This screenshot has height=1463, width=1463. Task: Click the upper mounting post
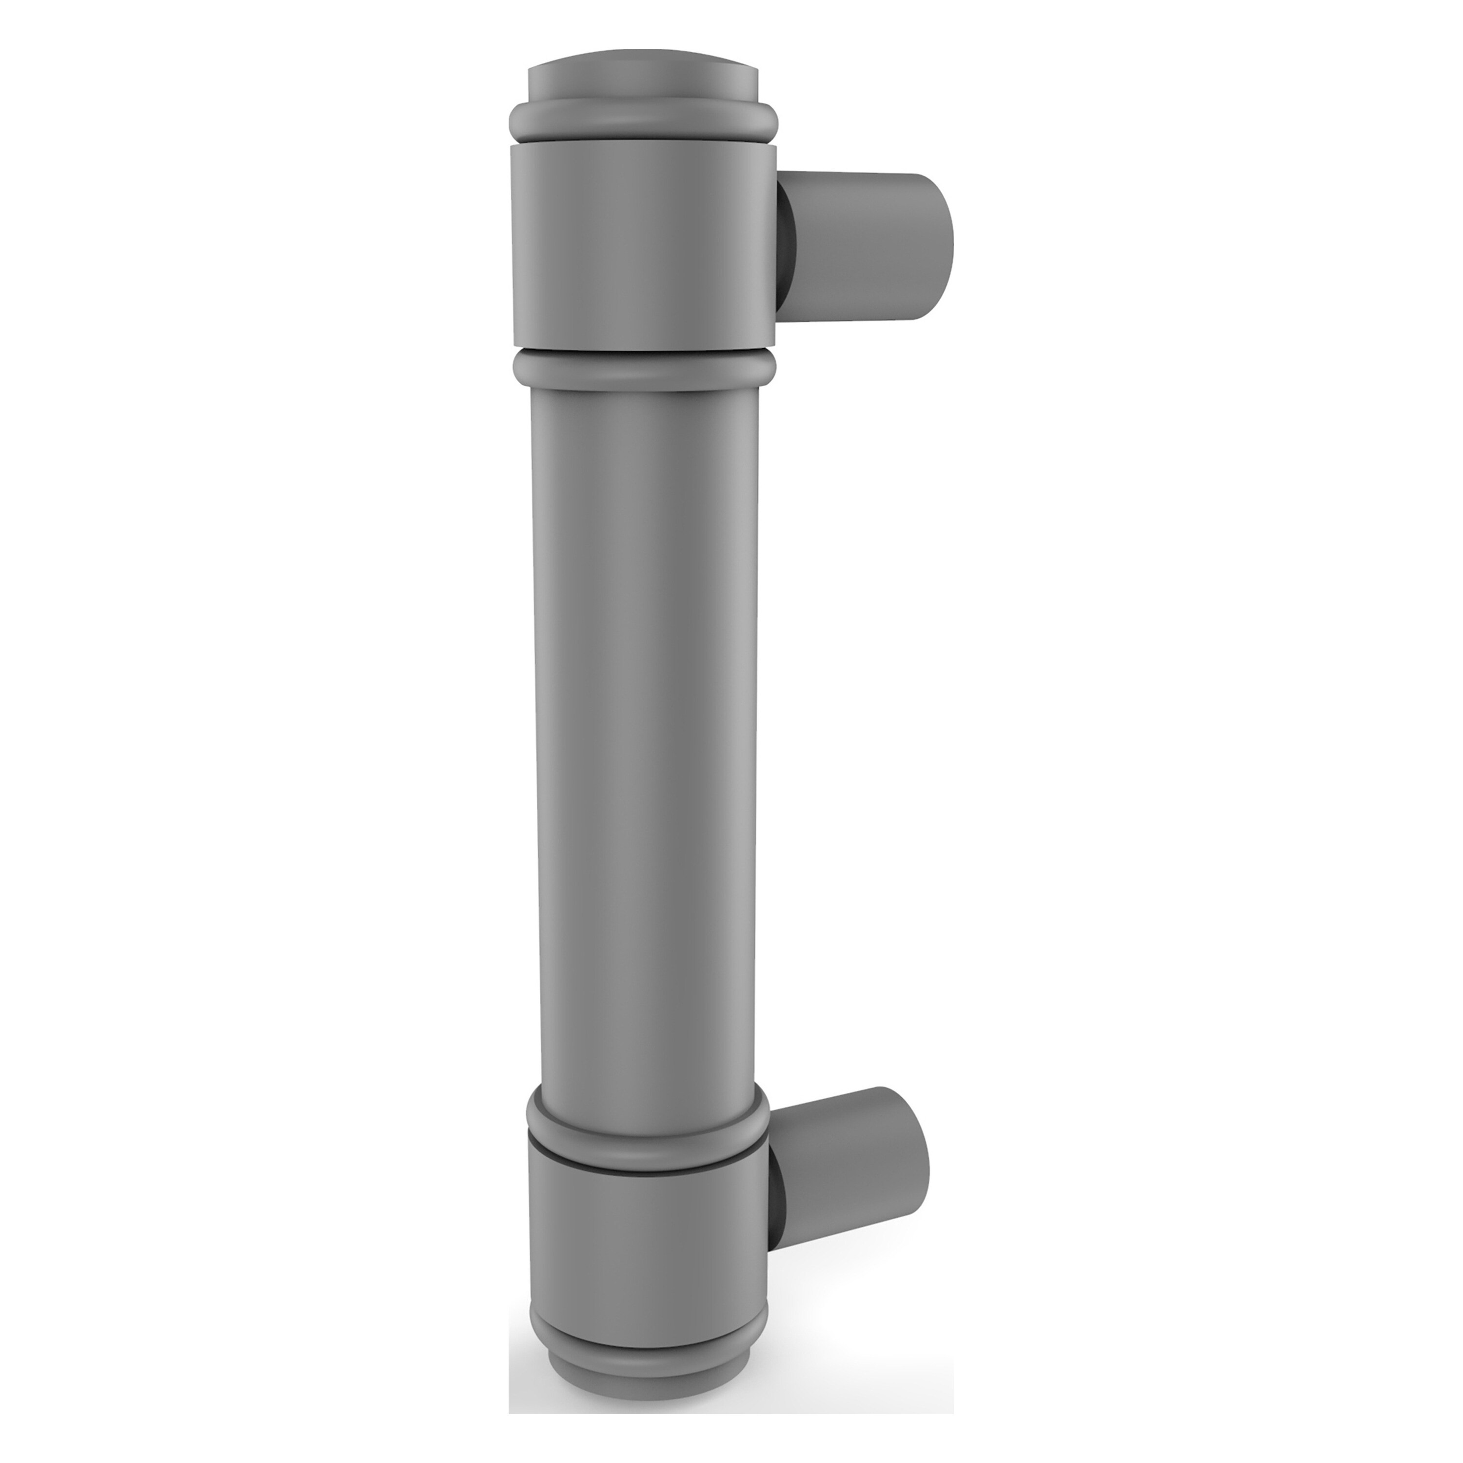pos(856,246)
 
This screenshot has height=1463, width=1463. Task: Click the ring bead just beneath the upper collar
pos(644,371)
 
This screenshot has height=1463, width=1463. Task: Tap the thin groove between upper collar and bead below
pos(644,355)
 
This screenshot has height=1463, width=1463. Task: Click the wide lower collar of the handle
pos(644,1257)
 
